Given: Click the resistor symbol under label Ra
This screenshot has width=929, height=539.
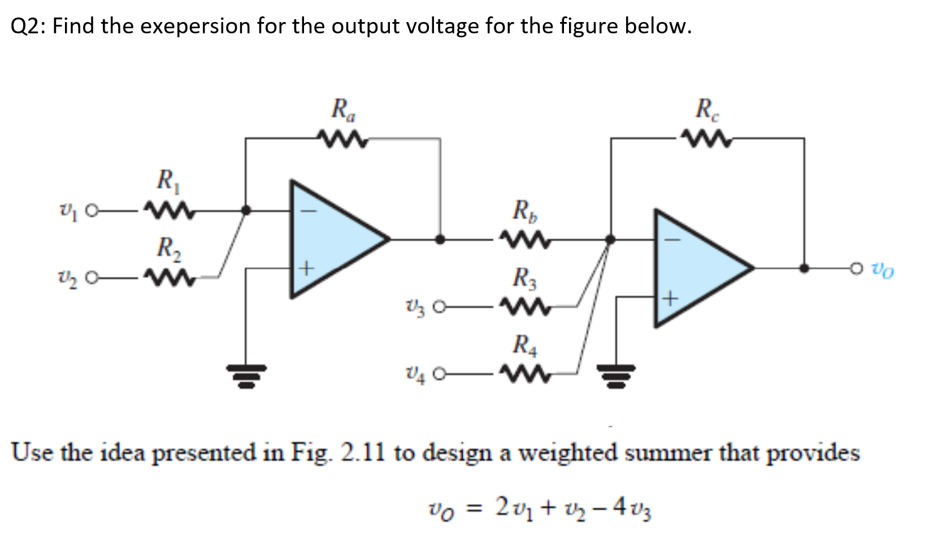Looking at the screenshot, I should [x=342, y=138].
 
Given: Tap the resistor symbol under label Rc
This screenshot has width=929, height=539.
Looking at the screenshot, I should [x=706, y=137].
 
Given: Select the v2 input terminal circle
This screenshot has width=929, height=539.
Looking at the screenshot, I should [x=94, y=277].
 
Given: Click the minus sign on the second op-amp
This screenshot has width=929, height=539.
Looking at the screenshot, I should [x=671, y=240].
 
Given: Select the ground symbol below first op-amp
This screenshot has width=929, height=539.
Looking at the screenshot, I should [x=246, y=375].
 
